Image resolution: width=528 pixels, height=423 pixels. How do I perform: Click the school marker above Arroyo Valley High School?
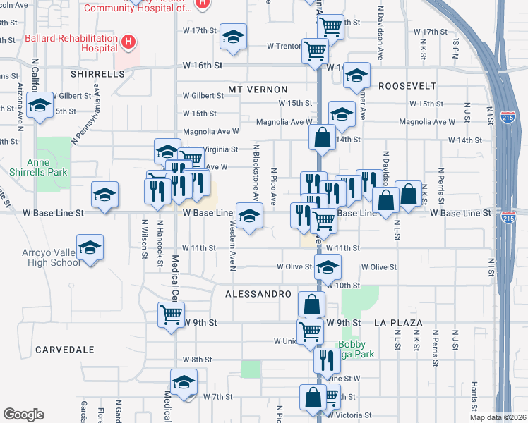[x=90, y=248]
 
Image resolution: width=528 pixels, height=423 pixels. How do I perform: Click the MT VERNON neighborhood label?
[x=258, y=90]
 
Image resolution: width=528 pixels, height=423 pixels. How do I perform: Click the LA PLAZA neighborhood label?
[x=399, y=323]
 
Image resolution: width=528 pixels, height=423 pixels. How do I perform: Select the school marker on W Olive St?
[x=328, y=267]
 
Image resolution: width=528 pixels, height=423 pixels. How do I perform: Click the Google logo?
[x=24, y=415]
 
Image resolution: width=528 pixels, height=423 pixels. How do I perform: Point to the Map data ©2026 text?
[x=498, y=417]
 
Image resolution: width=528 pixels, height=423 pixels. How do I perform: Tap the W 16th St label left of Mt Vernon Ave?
[x=203, y=65]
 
